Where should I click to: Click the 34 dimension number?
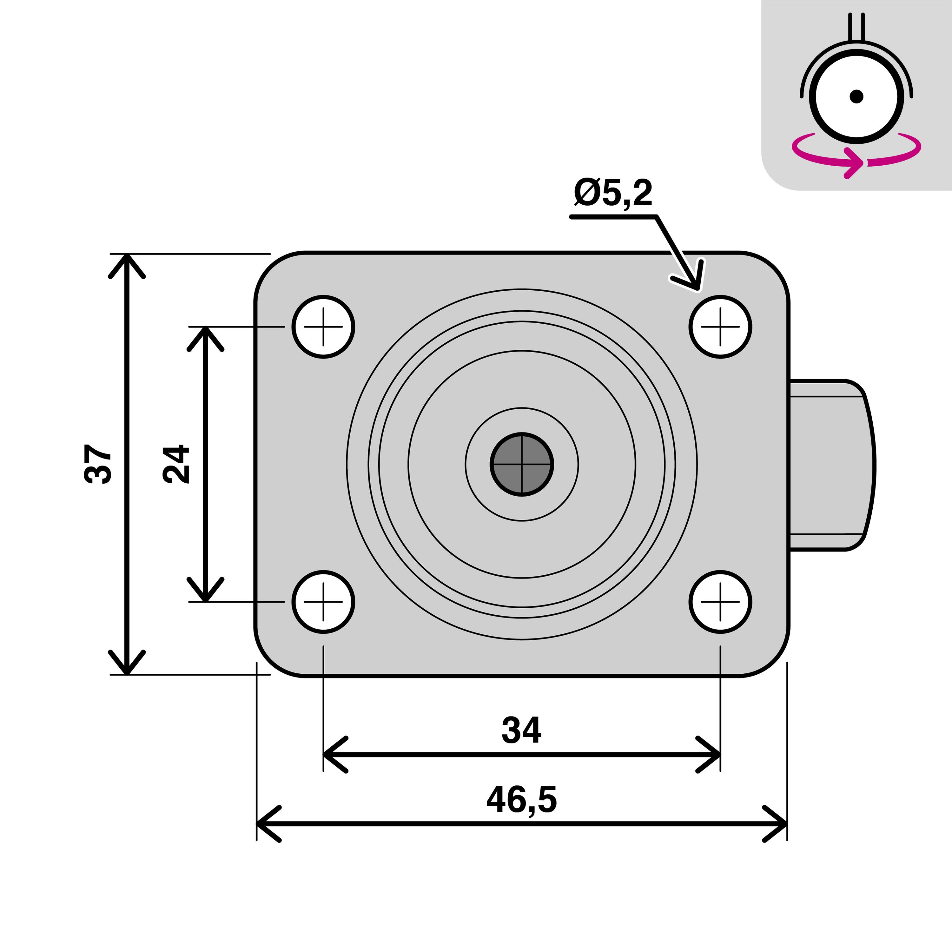point(521,730)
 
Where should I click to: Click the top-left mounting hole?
point(323,327)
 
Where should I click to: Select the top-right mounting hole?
point(720,327)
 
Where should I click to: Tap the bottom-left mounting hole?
point(323,602)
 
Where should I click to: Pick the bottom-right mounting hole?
point(720,602)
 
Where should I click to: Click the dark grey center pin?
point(522,464)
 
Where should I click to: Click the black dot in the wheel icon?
point(856,96)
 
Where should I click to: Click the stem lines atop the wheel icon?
point(856,27)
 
